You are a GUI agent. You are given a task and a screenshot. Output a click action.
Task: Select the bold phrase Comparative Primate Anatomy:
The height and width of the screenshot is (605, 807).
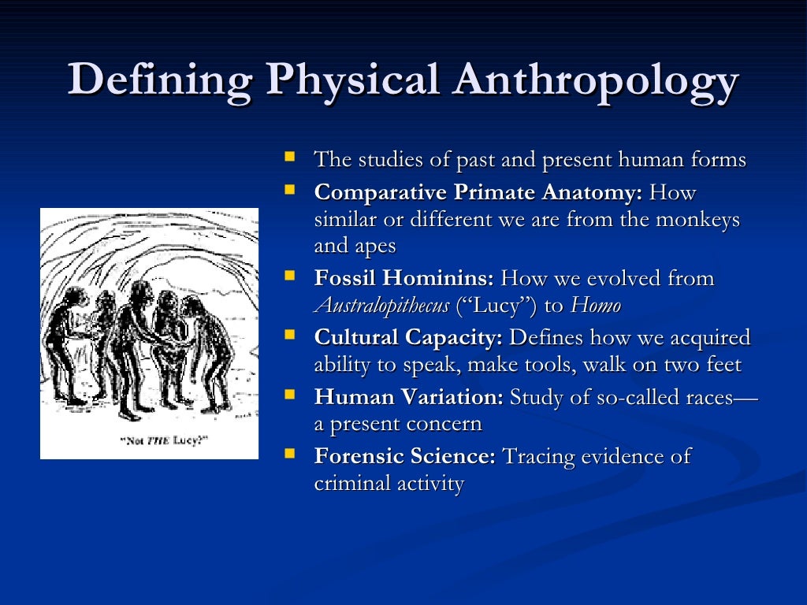pyautogui.click(x=478, y=192)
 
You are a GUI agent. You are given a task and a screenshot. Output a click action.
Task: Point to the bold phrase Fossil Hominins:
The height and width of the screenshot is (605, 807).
pyautogui.click(x=404, y=278)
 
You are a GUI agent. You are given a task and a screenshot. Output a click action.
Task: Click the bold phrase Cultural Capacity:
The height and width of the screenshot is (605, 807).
pyautogui.click(x=408, y=338)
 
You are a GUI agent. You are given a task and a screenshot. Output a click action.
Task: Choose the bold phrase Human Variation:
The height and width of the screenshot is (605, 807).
pyautogui.click(x=408, y=397)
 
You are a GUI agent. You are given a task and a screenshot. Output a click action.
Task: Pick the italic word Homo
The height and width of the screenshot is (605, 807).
pyautogui.click(x=595, y=306)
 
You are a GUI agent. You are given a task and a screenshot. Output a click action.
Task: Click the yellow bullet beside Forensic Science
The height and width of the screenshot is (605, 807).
pyautogui.click(x=290, y=454)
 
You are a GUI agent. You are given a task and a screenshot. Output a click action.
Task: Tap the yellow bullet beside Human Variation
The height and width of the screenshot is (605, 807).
pyautogui.click(x=290, y=395)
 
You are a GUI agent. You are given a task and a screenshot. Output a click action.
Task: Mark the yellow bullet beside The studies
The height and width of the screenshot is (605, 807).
pyautogui.click(x=290, y=158)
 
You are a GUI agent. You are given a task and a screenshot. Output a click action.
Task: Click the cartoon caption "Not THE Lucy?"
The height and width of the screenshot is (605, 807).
pyautogui.click(x=149, y=440)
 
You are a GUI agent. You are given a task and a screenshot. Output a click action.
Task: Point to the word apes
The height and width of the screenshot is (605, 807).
pyautogui.click(x=377, y=247)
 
